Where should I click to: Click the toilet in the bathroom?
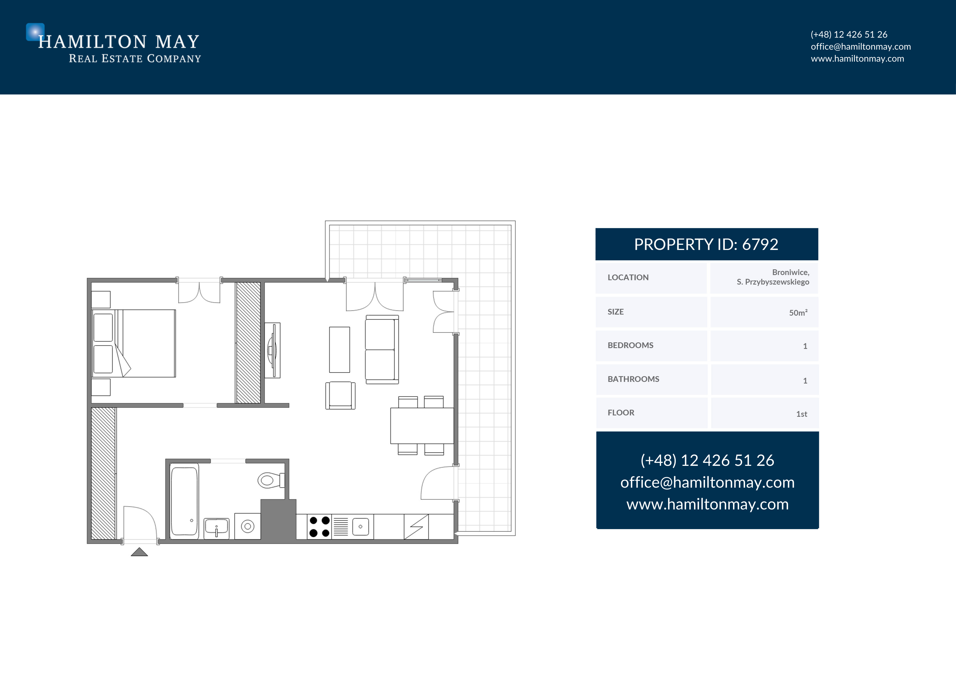tap(271, 480)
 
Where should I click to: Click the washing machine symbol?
tap(248, 526)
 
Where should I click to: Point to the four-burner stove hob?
tap(319, 527)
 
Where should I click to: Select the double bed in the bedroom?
tap(134, 343)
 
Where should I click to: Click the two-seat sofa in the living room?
tap(382, 349)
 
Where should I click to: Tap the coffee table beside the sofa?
tap(339, 350)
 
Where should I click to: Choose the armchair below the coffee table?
tap(340, 396)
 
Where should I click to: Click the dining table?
tap(422, 426)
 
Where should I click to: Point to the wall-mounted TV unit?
tap(273, 350)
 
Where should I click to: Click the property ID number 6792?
tap(760, 244)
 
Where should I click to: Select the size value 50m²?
tap(798, 313)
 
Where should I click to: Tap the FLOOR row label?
tap(621, 412)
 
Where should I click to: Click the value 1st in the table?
tap(801, 414)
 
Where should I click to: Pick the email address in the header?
tap(861, 47)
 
